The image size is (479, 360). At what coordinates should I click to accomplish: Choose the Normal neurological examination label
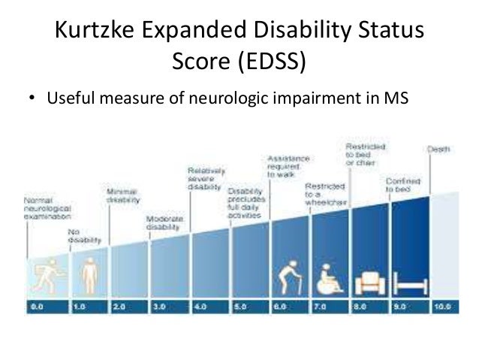pyautogui.click(x=44, y=208)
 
